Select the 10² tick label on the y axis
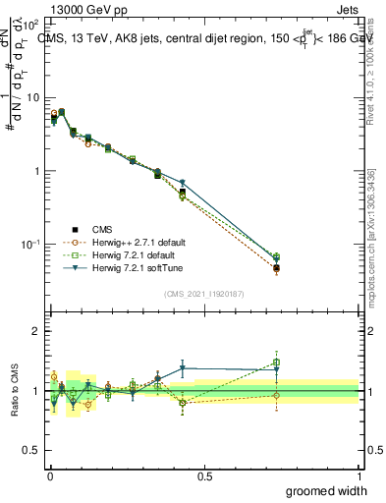(30, 25)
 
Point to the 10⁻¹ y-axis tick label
(30, 244)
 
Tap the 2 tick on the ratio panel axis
(36, 331)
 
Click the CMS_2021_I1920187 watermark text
(203, 293)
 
